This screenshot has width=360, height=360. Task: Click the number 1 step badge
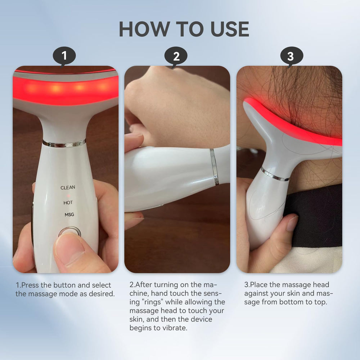(x=64, y=57)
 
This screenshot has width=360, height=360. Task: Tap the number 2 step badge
(x=176, y=57)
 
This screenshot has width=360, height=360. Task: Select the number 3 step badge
(x=290, y=57)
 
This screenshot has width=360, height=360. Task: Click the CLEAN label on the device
(x=68, y=188)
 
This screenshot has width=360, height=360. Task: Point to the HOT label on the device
(x=68, y=203)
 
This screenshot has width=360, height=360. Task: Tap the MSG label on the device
(x=69, y=215)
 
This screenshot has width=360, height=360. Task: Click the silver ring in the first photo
(x=64, y=143)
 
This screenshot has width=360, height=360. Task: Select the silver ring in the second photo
(x=214, y=166)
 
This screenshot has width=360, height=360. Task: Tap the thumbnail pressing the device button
(x=68, y=248)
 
